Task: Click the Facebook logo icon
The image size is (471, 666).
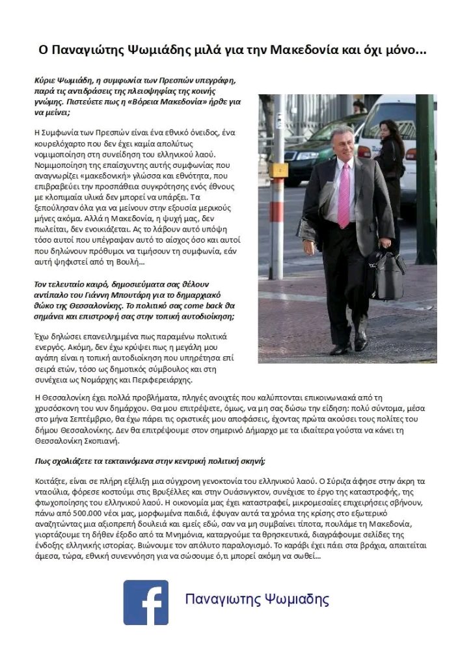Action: tap(146, 602)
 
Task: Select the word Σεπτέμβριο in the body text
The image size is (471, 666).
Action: tap(80, 419)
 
